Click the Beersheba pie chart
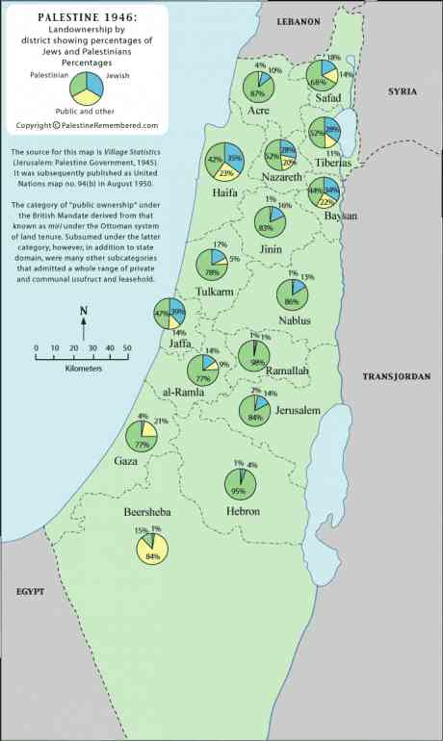(152, 548)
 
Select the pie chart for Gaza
(143, 436)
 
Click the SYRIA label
(403, 90)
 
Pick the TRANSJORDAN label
(395, 378)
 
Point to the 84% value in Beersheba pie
(152, 556)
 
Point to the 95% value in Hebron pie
(239, 490)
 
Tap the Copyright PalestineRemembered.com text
(87, 125)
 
